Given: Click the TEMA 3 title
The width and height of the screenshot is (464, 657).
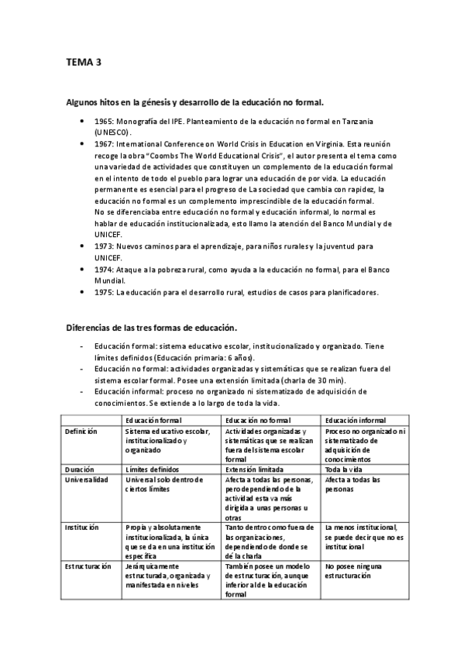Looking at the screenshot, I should coord(83,63).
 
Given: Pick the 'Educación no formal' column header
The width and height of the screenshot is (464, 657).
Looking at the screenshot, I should coord(257,420).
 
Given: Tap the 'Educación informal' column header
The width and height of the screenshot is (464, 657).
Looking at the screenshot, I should coord(356,420).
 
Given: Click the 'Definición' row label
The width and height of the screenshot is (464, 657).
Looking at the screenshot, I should coord(81,431).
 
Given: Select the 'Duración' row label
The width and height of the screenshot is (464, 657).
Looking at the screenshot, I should coord(79,469).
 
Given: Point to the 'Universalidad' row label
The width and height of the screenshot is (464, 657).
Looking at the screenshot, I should coord(86,480).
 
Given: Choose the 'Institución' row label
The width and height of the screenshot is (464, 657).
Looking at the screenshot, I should coord(81,527).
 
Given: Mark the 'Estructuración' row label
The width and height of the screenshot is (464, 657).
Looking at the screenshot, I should coord(88,566).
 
